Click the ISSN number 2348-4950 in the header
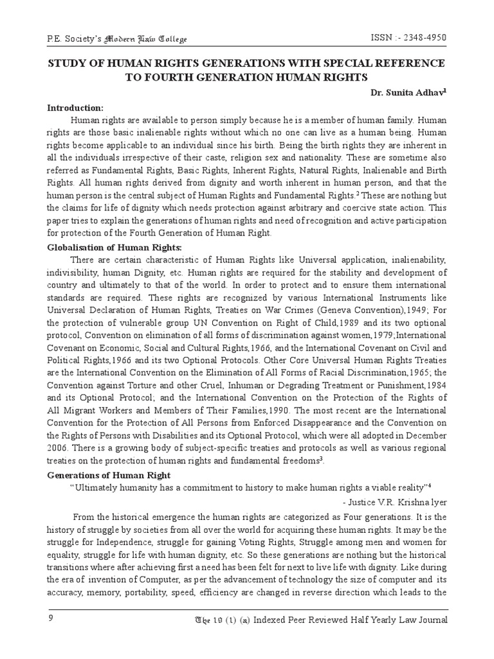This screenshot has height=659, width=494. [x=421, y=38]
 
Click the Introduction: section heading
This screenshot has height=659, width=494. [x=75, y=107]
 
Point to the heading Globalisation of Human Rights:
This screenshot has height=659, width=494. [x=114, y=247]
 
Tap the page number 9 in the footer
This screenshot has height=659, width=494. [x=51, y=619]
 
